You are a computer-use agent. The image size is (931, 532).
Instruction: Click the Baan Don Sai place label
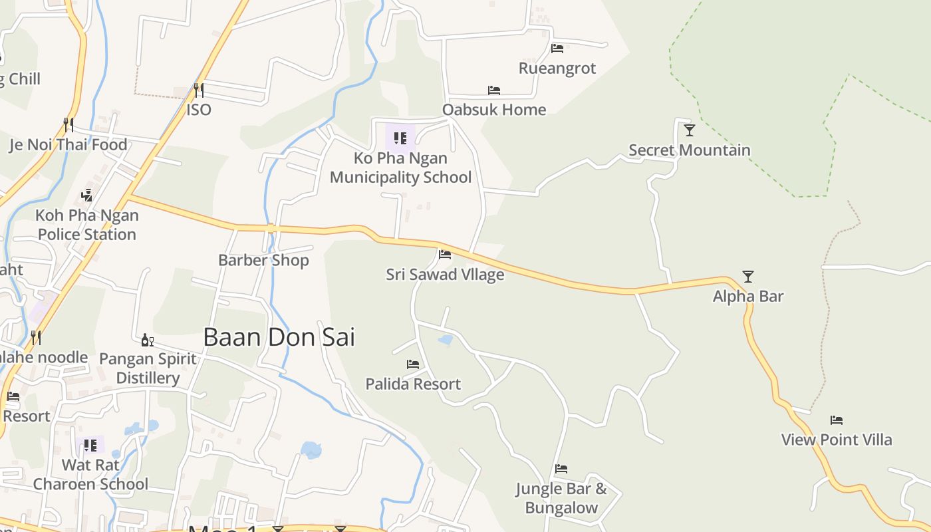(279, 337)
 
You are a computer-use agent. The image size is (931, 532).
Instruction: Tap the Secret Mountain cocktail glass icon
(690, 130)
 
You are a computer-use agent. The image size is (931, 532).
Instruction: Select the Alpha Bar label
(748, 296)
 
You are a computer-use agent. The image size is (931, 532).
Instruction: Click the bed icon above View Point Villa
(837, 420)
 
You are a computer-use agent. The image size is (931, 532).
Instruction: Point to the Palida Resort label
(413, 384)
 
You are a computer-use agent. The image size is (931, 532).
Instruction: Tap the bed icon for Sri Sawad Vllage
(445, 254)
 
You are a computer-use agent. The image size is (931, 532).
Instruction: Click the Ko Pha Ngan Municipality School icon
(400, 138)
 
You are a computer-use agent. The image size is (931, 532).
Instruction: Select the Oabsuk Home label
(494, 109)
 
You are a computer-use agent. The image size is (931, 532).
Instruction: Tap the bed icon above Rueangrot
(557, 48)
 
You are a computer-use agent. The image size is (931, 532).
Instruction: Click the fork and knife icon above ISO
(198, 89)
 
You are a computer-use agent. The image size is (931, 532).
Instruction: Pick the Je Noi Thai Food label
(68, 144)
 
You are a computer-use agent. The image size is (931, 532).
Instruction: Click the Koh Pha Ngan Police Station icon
(86, 195)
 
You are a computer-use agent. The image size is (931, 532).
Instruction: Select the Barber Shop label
(263, 260)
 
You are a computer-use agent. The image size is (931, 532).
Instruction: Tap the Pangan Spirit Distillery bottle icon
(148, 340)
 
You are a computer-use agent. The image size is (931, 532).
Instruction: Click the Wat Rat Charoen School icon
(90, 445)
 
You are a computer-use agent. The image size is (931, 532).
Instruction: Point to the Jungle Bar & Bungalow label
(561, 498)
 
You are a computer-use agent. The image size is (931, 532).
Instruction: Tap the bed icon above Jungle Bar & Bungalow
(561, 468)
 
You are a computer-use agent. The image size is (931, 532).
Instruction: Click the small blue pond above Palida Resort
(446, 340)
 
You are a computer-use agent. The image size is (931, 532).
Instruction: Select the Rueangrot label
(557, 68)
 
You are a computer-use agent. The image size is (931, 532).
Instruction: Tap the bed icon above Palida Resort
(413, 364)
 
